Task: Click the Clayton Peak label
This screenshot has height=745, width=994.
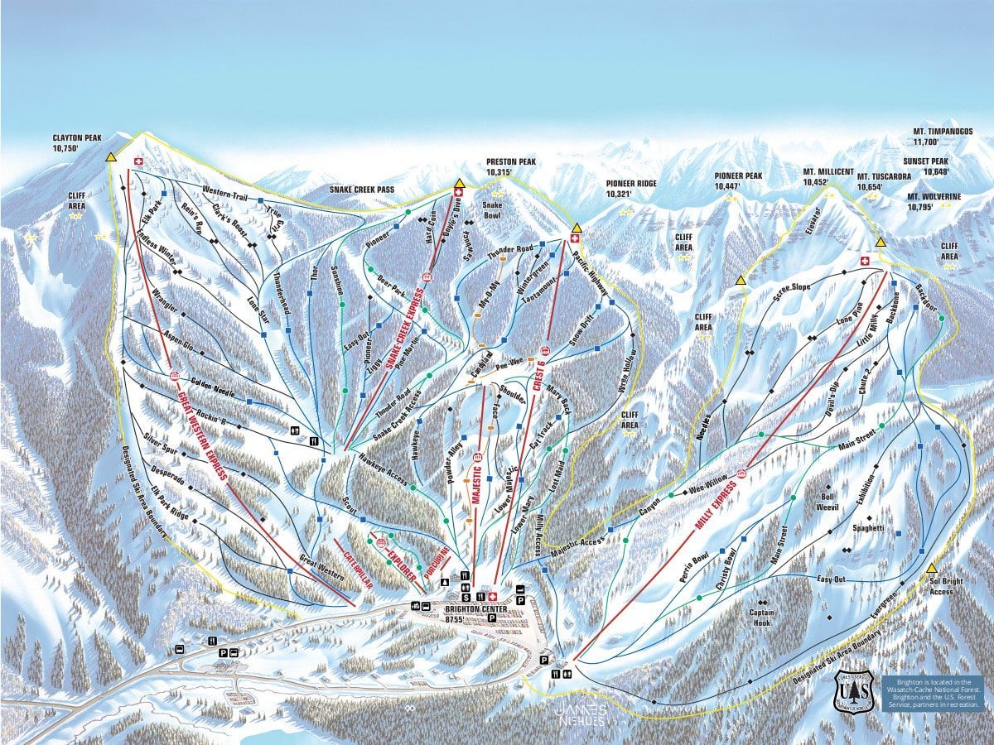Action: [76, 142]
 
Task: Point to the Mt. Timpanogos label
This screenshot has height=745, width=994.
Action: [943, 137]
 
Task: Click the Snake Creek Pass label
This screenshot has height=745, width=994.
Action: [362, 190]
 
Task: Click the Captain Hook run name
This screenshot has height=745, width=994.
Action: [761, 618]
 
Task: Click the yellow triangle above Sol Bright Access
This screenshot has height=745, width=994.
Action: [932, 568]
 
